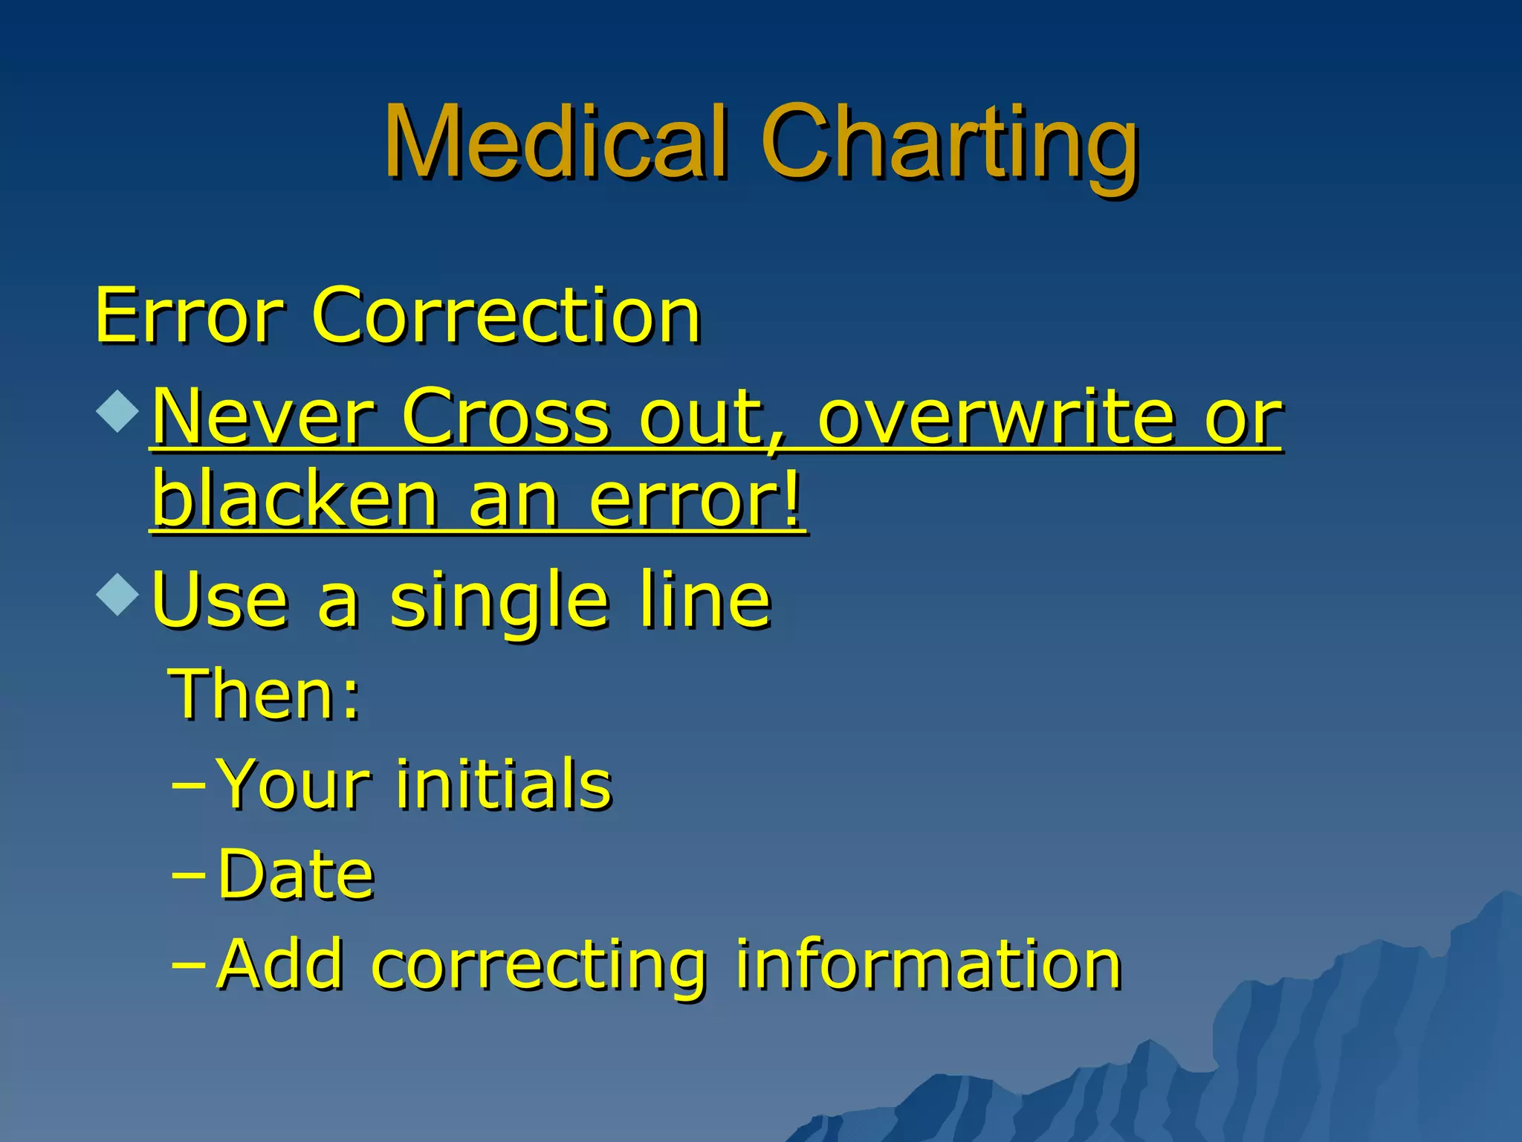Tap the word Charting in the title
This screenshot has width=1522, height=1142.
point(948,145)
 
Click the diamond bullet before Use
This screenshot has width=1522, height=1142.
point(117,593)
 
